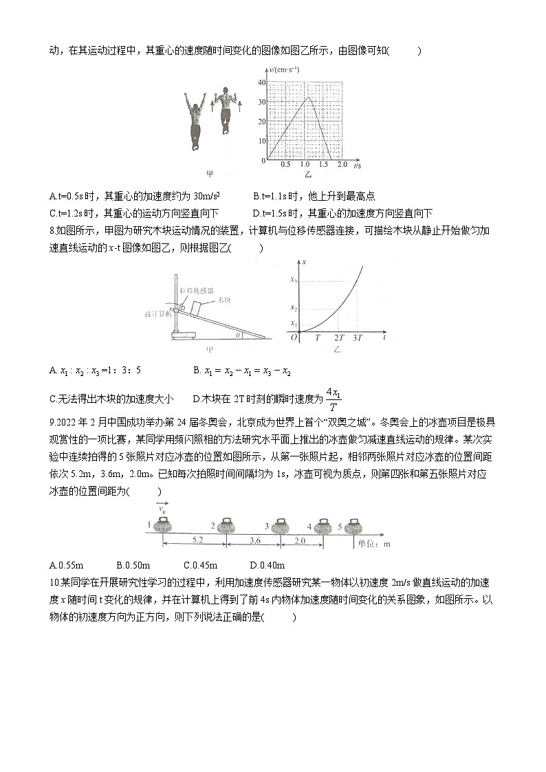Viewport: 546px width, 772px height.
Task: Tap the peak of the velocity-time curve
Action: coord(309,97)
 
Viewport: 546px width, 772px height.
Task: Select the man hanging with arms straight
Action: coord(195,120)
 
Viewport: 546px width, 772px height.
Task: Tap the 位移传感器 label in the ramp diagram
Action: coord(194,290)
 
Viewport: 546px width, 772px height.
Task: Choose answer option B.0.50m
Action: coord(133,566)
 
